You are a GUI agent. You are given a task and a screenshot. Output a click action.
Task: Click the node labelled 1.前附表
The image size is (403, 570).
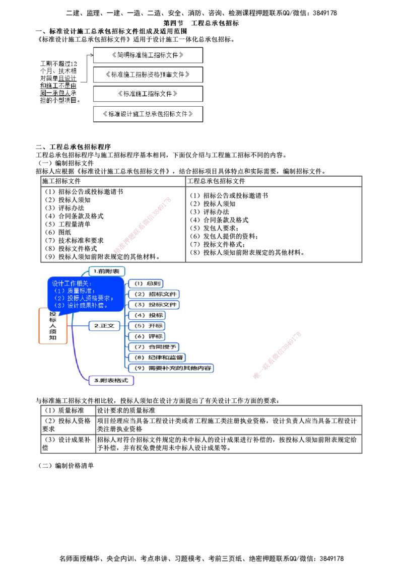pyautogui.click(x=106, y=271)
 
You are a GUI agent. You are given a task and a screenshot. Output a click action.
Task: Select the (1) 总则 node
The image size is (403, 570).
pyautogui.click(x=146, y=283)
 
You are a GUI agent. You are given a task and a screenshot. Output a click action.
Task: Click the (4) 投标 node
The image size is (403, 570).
pyautogui.click(x=147, y=315)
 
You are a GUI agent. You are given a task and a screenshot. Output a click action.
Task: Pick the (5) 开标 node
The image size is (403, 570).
pyautogui.click(x=147, y=326)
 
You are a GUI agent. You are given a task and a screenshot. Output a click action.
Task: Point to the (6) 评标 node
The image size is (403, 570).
pyautogui.click(x=147, y=336)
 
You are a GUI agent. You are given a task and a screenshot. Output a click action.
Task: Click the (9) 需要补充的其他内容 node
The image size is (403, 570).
pyautogui.click(x=172, y=368)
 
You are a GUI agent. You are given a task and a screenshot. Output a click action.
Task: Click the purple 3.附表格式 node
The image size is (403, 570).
pyautogui.click(x=112, y=381)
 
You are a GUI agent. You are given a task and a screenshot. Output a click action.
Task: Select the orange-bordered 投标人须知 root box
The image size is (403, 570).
pyautogui.click(x=53, y=326)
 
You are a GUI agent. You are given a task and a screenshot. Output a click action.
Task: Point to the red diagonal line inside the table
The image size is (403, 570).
pyautogui.click(x=143, y=225)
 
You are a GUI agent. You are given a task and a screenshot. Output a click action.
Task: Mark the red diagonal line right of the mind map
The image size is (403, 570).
pyautogui.click(x=278, y=354)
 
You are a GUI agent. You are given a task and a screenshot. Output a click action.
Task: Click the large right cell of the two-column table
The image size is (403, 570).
pyautogui.click(x=274, y=224)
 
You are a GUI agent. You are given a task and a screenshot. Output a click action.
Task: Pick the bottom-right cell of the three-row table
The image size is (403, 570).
pyautogui.click(x=228, y=444)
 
